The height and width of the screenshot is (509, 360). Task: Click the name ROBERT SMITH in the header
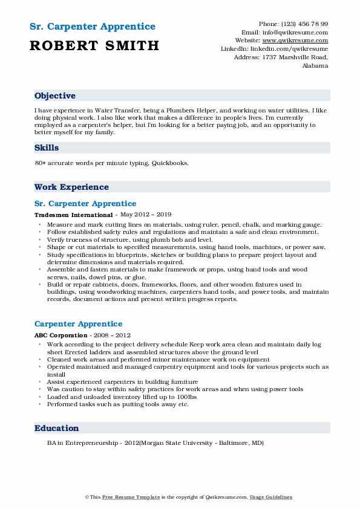94,45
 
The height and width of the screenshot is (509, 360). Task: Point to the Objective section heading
55,96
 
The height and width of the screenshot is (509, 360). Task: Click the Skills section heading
47,148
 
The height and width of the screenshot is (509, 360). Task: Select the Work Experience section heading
71,187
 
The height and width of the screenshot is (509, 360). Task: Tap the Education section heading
57,428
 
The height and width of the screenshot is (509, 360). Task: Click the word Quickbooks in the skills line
170,163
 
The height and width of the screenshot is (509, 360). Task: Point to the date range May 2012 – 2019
146,215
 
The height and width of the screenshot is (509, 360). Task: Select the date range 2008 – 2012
113,335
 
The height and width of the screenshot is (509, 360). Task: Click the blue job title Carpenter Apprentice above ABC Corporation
78,324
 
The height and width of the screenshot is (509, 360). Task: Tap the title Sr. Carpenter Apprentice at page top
92,27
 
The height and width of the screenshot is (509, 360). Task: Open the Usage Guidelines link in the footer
271,498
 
